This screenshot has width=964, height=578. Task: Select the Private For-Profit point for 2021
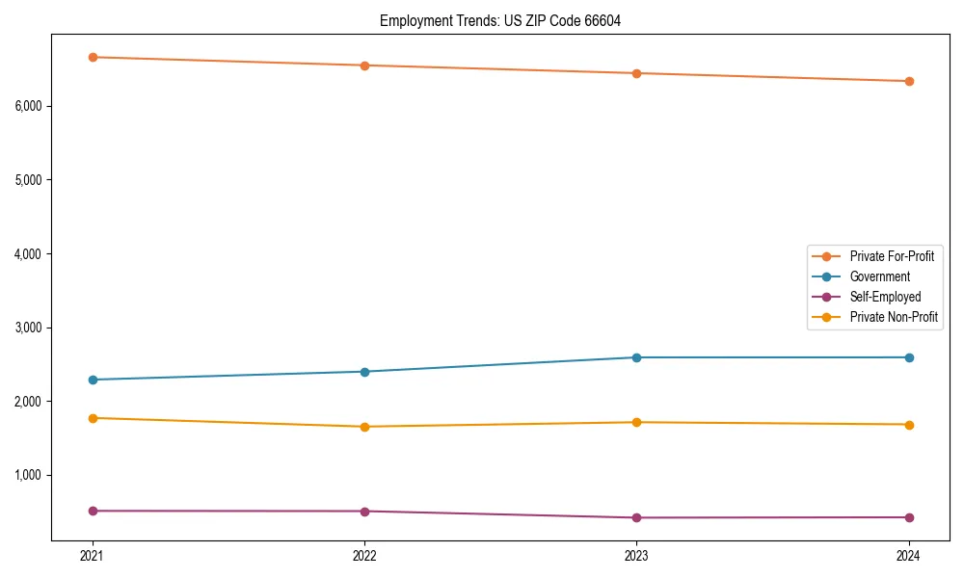93,57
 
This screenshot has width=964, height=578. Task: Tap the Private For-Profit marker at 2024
909,81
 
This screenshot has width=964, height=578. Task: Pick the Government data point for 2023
637,357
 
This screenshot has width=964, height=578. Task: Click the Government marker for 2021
93,380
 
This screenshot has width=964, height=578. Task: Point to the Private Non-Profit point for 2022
364,427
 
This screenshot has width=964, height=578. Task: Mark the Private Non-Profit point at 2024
909,425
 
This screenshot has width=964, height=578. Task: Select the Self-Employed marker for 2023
637,517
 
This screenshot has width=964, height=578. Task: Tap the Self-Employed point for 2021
93,511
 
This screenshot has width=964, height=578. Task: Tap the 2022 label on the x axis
364,555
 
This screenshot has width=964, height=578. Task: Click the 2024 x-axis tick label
909,555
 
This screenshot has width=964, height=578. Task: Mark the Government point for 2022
364,372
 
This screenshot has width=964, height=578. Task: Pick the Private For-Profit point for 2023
637,73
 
